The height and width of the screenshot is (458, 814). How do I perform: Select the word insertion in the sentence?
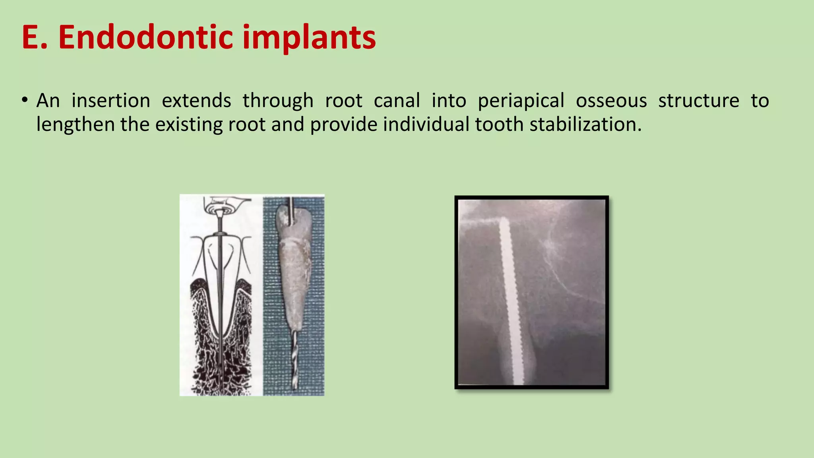click(111, 101)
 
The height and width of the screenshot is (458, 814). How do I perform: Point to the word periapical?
click(521, 101)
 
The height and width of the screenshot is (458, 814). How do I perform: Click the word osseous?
click(611, 101)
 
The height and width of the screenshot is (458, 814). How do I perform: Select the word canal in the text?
click(397, 101)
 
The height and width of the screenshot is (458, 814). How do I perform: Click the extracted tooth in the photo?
click(293, 270)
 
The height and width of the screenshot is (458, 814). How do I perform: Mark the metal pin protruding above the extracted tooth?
click(292, 207)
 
